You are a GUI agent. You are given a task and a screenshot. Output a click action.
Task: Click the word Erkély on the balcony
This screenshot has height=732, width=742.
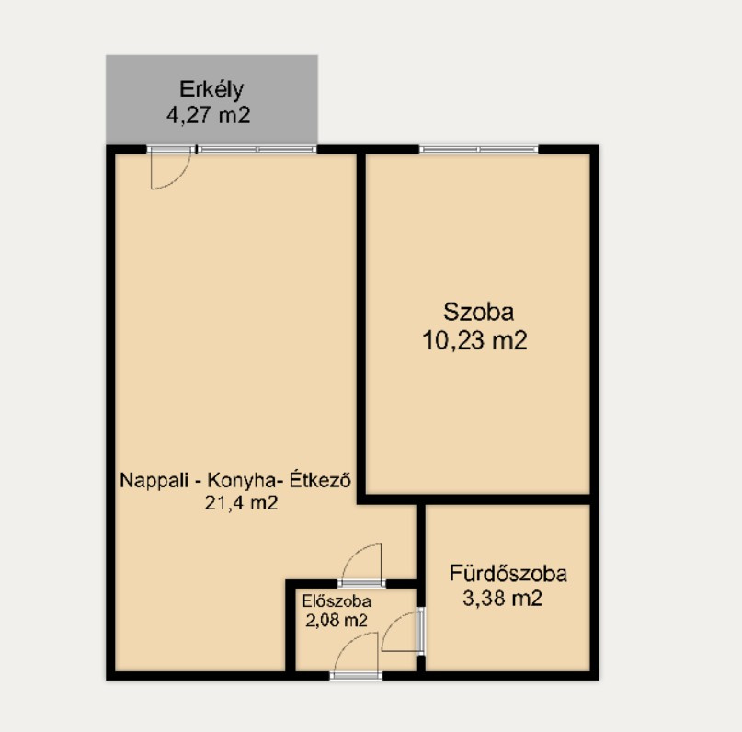(x=211, y=90)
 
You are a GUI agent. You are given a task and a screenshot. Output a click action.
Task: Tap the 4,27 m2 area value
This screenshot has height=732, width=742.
(x=208, y=115)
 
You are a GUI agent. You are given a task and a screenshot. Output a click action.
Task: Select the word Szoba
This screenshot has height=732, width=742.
(x=478, y=313)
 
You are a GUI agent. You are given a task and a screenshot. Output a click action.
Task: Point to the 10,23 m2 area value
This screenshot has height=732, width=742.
(x=474, y=340)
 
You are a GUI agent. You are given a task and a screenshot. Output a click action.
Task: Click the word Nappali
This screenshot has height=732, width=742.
(x=154, y=481)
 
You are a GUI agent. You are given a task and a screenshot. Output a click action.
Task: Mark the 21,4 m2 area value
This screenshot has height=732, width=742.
(x=241, y=502)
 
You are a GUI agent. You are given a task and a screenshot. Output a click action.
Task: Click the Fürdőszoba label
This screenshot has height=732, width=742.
(x=508, y=574)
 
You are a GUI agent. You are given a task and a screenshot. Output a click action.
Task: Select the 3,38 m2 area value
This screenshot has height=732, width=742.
(x=503, y=599)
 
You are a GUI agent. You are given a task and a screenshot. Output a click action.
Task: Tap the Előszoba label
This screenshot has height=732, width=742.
(x=337, y=601)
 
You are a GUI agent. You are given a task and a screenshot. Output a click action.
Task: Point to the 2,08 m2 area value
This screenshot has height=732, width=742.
(x=336, y=621)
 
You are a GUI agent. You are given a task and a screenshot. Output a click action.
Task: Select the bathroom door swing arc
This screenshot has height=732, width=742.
(x=391, y=623)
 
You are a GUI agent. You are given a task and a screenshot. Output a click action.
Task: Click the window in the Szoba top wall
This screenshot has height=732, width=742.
(x=478, y=150)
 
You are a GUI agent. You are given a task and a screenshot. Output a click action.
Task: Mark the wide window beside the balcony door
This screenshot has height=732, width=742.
(x=257, y=150)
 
